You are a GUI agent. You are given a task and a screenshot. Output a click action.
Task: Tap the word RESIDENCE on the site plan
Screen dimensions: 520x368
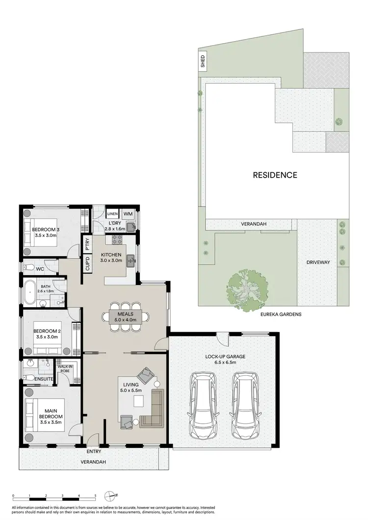275,175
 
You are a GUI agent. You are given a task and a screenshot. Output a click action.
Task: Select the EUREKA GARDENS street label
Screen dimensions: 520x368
281,314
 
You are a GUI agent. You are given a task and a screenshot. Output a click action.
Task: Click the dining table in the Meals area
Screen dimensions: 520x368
125,316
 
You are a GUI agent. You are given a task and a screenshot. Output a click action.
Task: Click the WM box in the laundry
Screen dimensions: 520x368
128,214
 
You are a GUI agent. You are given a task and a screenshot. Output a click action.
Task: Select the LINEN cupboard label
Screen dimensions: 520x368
112,214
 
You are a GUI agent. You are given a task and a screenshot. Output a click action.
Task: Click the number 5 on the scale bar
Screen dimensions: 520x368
95,495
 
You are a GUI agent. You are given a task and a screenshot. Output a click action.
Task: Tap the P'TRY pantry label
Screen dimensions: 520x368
87,244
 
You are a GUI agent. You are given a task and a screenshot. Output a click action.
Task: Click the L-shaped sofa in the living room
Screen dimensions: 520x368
153,409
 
